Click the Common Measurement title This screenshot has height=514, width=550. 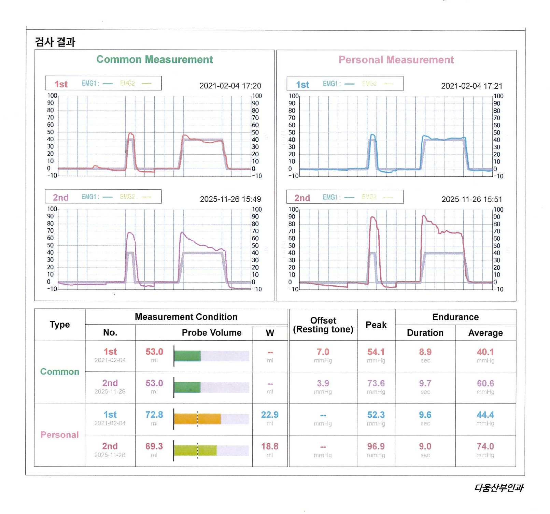(154, 59)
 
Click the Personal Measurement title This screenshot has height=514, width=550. (396, 60)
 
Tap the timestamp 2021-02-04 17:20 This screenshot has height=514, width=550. (230, 86)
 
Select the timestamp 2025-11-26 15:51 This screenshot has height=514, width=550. (471, 199)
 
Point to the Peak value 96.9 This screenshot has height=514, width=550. (376, 446)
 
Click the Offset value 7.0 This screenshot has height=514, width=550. (323, 352)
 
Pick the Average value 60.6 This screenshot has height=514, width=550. (485, 383)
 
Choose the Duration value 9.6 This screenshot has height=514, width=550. (425, 415)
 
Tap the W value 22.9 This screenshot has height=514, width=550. (270, 415)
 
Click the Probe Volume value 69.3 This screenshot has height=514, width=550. (154, 446)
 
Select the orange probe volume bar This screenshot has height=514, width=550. (197, 419)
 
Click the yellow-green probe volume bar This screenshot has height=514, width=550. (195, 451)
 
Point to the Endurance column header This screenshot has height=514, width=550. (455, 317)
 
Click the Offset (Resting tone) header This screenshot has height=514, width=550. (323, 325)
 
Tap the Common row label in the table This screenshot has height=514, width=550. (60, 371)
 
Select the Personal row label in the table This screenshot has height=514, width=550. (60, 434)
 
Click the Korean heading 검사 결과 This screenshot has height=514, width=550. (55, 42)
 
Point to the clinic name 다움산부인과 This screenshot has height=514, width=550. (498, 488)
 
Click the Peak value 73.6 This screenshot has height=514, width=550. (376, 383)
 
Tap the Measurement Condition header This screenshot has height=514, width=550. (186, 317)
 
